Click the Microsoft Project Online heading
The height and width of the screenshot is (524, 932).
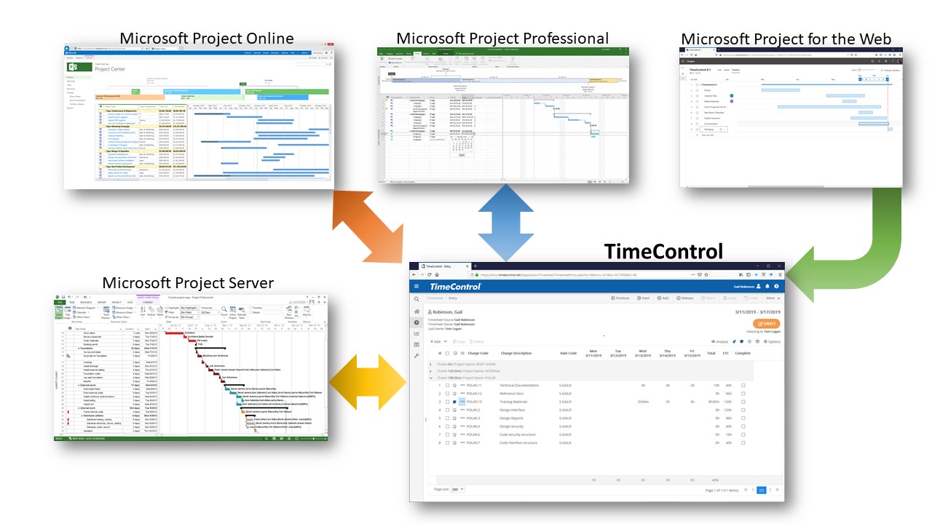[207, 39]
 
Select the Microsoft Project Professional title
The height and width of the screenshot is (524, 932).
[502, 38]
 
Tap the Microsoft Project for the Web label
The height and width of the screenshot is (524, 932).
[786, 39]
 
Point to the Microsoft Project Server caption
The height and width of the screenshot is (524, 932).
[188, 282]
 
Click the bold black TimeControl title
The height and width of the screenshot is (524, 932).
[663, 252]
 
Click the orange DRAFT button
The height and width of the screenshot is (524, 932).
[767, 324]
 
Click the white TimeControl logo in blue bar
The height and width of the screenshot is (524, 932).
[459, 287]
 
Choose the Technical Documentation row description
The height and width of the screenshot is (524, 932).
[519, 385]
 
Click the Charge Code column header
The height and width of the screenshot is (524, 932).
[478, 353]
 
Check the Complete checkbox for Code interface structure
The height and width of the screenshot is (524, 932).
[743, 442]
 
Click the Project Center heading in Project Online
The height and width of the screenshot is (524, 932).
[114, 70]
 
